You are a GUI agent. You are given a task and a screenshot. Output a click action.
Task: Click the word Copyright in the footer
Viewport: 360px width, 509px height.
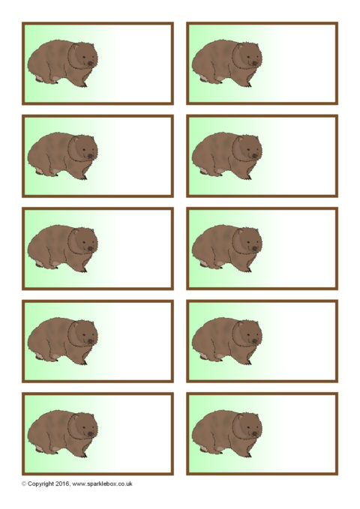pos(41,484)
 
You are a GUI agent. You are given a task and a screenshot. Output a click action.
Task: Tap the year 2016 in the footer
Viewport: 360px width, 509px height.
pos(62,484)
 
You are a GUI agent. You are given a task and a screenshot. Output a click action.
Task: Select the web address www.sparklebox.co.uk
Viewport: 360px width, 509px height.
pos(102,484)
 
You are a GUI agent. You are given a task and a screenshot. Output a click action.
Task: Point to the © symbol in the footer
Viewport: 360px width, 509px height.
pos(24,484)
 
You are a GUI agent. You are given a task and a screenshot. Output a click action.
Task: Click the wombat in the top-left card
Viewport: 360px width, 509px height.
pos(62,64)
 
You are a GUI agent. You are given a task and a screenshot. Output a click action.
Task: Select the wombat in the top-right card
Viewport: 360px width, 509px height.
pos(226,64)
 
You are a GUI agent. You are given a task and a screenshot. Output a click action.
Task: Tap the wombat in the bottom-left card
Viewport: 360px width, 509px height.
pos(62,434)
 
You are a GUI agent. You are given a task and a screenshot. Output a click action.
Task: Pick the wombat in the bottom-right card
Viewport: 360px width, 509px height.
pos(226,434)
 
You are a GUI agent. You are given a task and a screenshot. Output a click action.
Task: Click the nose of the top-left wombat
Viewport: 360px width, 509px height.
pos(91,64)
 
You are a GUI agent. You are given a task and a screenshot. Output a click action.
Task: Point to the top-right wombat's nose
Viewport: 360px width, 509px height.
pos(255,64)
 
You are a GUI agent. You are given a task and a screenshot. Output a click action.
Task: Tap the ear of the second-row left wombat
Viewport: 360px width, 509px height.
pos(76,139)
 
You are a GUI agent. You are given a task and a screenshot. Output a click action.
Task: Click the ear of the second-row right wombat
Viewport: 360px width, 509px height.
pos(240,139)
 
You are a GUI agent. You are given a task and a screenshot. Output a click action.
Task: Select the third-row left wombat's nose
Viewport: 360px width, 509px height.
pos(91,249)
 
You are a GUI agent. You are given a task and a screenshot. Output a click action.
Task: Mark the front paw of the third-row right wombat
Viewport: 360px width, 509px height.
pos(248,269)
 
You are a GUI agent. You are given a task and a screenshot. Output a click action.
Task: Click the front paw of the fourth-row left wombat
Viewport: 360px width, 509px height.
pos(83,362)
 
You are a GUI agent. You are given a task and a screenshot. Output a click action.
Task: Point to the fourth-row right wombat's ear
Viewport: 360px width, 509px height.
pos(240,324)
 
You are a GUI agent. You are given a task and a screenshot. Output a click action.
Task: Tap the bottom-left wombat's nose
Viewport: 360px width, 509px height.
pos(91,434)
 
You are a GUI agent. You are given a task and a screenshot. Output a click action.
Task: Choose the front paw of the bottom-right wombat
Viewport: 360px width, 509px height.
pos(248,454)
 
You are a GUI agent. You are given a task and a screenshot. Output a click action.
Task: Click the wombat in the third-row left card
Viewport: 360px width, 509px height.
pos(62,249)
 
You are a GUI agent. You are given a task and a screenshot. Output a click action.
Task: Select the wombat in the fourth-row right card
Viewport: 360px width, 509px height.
pos(226,341)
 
